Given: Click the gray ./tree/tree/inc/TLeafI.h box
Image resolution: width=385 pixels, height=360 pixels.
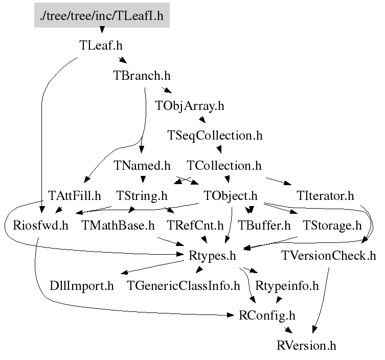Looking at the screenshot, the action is [x=102, y=15].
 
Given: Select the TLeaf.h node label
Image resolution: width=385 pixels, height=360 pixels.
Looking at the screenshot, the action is [x=101, y=46].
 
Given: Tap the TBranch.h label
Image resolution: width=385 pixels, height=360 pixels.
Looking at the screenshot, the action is [x=142, y=75].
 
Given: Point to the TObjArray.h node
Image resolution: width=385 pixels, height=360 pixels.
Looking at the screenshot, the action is [x=190, y=106].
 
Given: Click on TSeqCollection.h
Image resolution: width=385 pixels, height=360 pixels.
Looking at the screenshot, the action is [x=215, y=136].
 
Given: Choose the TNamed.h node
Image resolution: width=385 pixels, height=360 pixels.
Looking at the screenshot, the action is [x=142, y=166].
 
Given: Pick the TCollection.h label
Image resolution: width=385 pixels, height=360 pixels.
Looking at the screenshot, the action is [x=224, y=166].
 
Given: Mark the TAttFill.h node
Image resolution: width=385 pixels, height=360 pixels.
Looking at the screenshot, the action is [x=75, y=196].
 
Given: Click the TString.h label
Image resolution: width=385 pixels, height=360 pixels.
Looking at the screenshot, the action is [x=142, y=196].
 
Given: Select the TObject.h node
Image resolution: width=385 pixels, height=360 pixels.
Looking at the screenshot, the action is [x=230, y=196].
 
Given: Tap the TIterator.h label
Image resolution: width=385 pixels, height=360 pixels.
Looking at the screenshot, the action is [x=325, y=196].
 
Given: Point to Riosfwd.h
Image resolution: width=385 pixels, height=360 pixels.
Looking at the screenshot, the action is [x=40, y=226].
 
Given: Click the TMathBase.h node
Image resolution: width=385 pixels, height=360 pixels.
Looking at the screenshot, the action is [x=118, y=226].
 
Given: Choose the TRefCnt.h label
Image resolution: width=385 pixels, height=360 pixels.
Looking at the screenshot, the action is [x=195, y=226].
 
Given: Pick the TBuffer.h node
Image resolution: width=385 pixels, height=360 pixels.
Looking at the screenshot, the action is [x=264, y=226].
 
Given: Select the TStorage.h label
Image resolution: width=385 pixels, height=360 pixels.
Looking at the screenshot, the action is [x=332, y=226].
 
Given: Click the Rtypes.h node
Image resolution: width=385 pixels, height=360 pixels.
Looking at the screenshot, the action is [x=212, y=256].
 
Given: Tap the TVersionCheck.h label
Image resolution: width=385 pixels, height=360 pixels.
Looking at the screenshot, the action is [x=329, y=256].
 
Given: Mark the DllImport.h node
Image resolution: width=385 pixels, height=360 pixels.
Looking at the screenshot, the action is [x=82, y=286].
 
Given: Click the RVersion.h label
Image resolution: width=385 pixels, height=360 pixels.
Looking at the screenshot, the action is [x=306, y=346].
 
